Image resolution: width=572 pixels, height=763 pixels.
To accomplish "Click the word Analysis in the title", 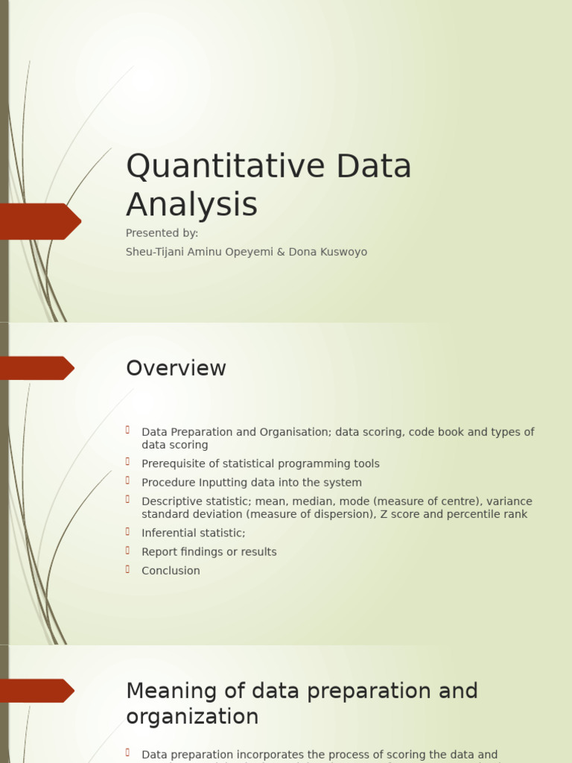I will (191, 204).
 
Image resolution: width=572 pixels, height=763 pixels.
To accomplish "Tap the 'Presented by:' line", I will (162, 233).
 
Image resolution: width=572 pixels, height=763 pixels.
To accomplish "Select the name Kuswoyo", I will (345, 252).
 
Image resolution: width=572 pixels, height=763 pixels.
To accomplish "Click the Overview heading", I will (176, 368).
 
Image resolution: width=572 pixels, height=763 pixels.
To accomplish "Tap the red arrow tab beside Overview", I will (36, 368).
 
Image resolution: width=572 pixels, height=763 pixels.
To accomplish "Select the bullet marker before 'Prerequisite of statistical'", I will (128, 462).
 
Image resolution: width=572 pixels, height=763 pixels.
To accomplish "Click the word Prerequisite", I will (173, 463).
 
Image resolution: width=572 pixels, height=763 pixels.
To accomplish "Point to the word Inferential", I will (169, 533).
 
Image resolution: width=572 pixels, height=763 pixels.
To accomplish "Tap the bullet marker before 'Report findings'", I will (128, 551).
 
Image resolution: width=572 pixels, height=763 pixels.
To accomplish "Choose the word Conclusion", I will (171, 571).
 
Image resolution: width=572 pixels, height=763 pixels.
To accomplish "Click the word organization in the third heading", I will (192, 717).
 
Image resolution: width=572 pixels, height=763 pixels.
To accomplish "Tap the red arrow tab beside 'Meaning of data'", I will (36, 691).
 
